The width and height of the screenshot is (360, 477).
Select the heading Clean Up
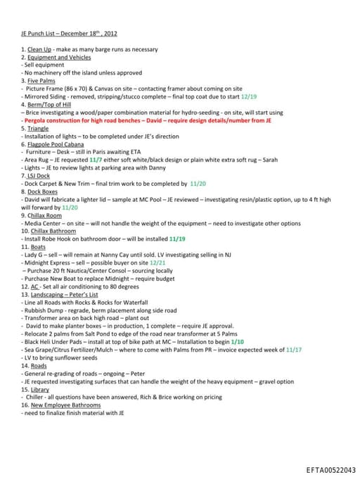point(39,49)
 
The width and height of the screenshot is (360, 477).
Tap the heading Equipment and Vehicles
point(60,57)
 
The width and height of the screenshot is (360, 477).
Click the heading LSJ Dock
point(40,175)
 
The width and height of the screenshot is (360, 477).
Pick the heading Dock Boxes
point(43,191)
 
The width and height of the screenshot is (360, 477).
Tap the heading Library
point(39,389)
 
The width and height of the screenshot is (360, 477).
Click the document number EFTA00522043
point(330,470)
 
